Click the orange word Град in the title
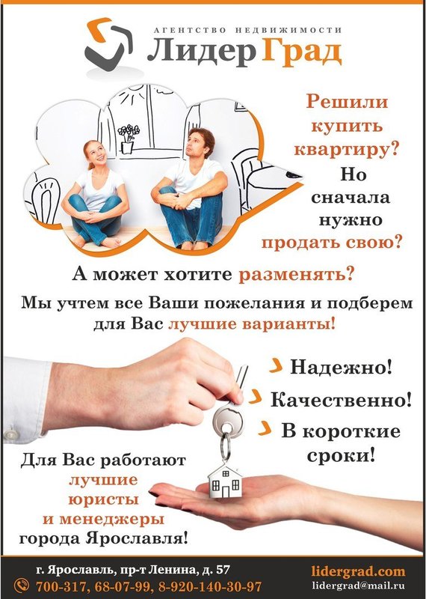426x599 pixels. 301,52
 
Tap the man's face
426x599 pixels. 196,143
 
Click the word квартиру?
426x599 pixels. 346,149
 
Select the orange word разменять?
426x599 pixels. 296,274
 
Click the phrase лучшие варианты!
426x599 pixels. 252,324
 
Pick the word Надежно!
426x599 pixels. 341,367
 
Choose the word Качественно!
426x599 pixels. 341,400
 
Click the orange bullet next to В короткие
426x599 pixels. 265,428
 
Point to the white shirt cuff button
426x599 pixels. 10,434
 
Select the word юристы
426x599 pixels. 103,500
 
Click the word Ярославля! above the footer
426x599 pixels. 137,539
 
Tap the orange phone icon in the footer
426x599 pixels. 22,586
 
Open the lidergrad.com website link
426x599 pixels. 358,571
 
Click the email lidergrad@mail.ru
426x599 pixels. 358,586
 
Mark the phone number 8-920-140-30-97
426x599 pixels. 210,586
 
